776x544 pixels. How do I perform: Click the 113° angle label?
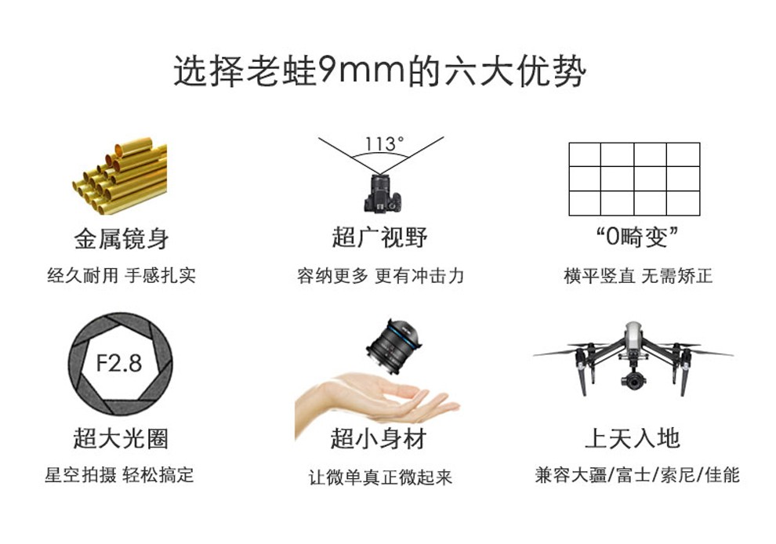click(384, 144)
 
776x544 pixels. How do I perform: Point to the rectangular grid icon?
click(633, 179)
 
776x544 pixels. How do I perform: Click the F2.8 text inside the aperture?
click(119, 363)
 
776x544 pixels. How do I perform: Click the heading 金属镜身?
click(121, 238)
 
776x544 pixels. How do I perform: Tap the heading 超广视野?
click(380, 238)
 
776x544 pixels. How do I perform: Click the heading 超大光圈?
click(121, 438)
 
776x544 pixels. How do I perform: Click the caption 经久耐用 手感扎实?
click(121, 276)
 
